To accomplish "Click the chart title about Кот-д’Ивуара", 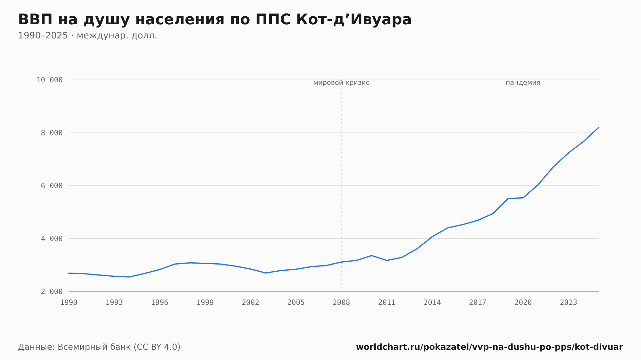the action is (215, 20).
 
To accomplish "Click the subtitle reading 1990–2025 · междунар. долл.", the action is (87, 36).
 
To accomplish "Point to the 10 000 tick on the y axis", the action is (49, 80).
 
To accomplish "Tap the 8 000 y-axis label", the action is (52, 133).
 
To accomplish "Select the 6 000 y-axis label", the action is (52, 186).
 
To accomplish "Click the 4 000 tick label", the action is (52, 239).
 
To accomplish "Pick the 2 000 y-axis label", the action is (52, 291).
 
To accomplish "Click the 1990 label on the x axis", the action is (69, 303).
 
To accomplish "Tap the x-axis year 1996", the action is (160, 303).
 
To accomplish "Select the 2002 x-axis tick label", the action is (251, 303).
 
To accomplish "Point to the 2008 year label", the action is (341, 303).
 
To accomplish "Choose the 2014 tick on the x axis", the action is (432, 303).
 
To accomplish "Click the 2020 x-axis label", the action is (523, 303).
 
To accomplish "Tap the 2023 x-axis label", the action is (569, 303).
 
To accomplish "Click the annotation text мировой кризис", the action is (341, 83).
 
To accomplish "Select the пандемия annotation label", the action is (523, 83).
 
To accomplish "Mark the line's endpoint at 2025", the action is (599, 127).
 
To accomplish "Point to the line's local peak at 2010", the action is (371, 256).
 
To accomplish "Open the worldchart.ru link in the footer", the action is (489, 347).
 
